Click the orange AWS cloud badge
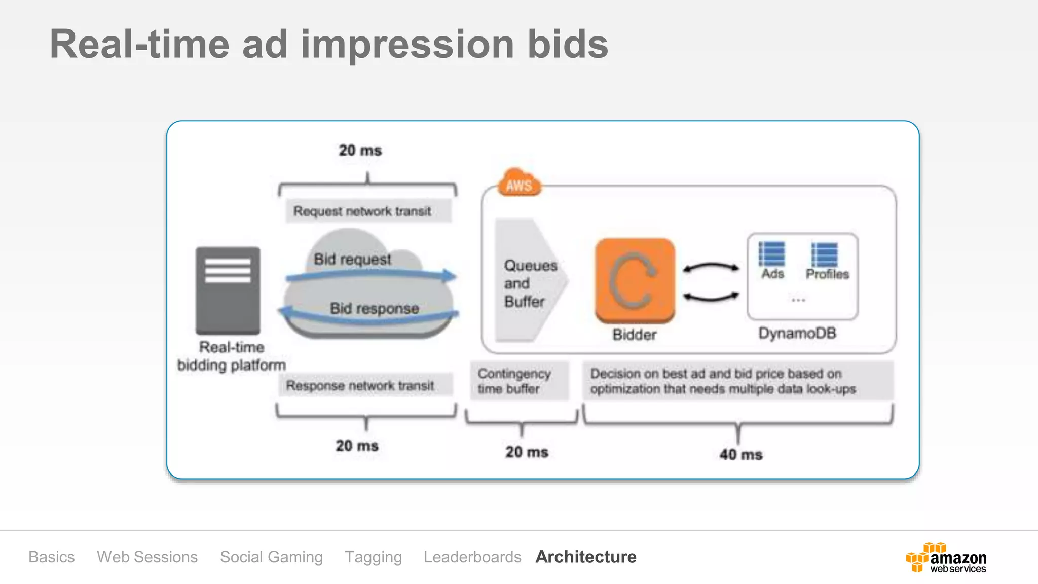[519, 184]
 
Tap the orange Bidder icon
[635, 280]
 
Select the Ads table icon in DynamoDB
[772, 254]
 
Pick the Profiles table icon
[825, 254]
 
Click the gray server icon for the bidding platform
[228, 290]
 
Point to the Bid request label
[352, 259]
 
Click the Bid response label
[374, 308]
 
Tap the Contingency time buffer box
[519, 381]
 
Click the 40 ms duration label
[740, 454]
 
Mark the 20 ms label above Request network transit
[360, 150]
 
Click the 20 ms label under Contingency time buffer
[527, 452]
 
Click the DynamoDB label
[797, 333]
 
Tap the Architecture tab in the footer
[585, 557]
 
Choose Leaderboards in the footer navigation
[472, 557]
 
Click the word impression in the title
[407, 45]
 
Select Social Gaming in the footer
[271, 557]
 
